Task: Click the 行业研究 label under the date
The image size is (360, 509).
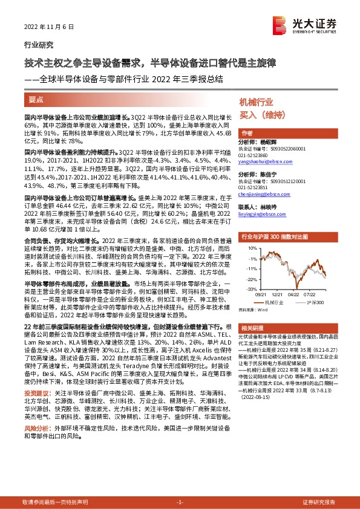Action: (38, 45)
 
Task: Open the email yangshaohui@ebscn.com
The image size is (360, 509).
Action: (264, 161)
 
